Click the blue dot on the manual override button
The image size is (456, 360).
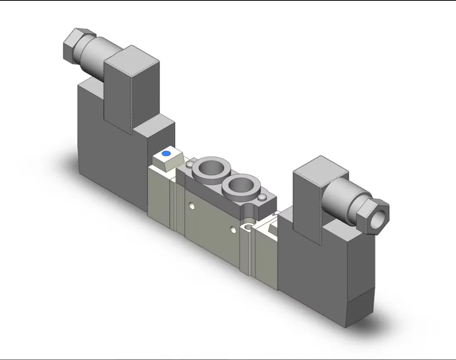tap(167, 153)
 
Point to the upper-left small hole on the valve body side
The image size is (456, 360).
tap(193, 207)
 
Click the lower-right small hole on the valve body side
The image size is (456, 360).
tap(232, 230)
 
